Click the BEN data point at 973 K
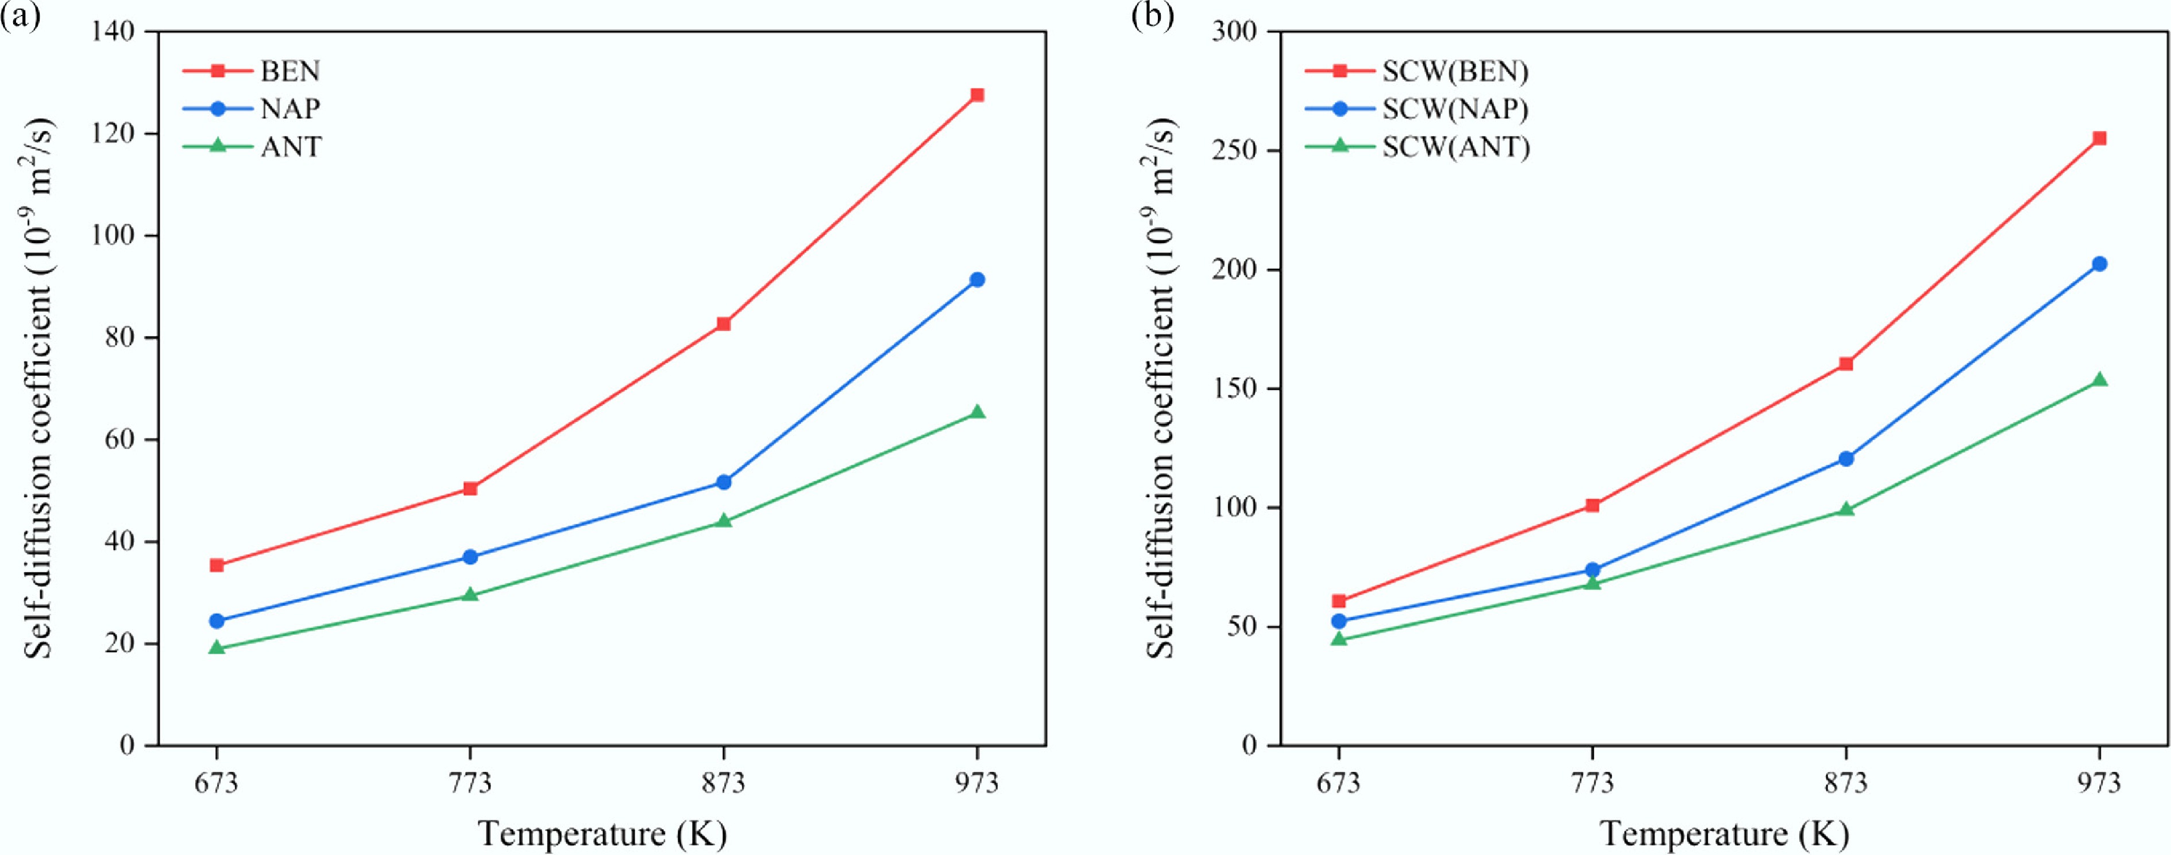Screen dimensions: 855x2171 coord(977,95)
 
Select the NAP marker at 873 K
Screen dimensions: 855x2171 coord(723,482)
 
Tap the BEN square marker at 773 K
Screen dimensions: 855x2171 coord(470,488)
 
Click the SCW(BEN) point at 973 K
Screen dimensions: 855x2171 coord(2099,138)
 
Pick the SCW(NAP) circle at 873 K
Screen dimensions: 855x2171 coord(1846,459)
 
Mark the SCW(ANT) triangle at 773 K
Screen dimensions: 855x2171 coord(1592,583)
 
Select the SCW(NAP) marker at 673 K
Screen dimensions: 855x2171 coord(1338,621)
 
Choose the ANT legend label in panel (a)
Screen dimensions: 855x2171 coord(291,146)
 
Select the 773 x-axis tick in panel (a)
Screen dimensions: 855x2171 coord(470,783)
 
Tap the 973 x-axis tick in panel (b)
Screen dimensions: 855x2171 coord(2099,783)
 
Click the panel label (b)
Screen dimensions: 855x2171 coord(1152,17)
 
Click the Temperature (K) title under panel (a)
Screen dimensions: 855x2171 coord(602,834)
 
